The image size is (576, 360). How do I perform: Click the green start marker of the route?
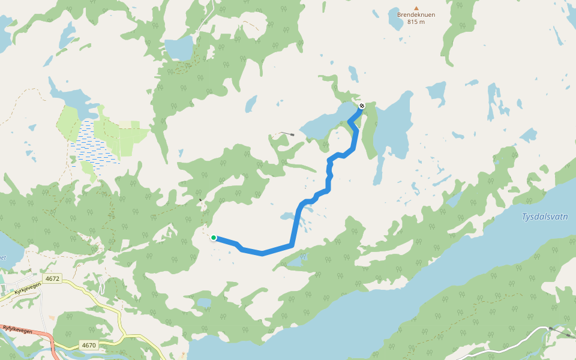pyautogui.click(x=214, y=238)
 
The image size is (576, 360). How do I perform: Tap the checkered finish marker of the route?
pyautogui.click(x=361, y=106)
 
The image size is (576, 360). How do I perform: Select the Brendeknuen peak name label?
pyautogui.click(x=416, y=15)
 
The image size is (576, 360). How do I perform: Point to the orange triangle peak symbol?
pyautogui.click(x=416, y=8)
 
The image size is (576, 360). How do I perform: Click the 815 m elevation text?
pyautogui.click(x=416, y=22)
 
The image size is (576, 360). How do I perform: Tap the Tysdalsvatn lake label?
pyautogui.click(x=545, y=217)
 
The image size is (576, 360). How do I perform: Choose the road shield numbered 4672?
pyautogui.click(x=52, y=278)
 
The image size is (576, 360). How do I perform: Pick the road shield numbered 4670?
pyautogui.click(x=89, y=345)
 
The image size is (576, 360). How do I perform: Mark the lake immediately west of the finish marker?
pyautogui.click(x=327, y=123)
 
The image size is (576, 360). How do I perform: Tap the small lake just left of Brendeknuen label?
pyautogui.click(x=395, y=22)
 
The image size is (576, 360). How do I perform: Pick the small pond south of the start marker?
pyautogui.click(x=205, y=302)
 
